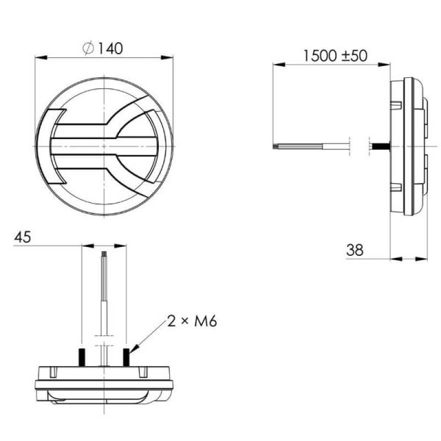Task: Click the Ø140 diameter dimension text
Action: pos(104,49)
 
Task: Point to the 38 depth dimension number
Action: pos(355,251)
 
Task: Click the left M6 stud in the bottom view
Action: pos(83,356)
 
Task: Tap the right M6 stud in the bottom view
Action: pos(126,356)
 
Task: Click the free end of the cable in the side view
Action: pos(275,147)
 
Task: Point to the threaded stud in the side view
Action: pos(381,147)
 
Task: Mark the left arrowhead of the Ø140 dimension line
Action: pos(39,57)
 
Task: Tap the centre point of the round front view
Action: pos(104,147)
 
